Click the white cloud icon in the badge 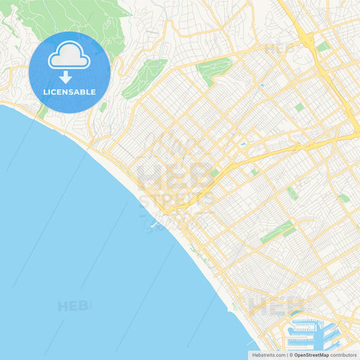[x=69, y=55]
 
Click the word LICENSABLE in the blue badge [x=69, y=92]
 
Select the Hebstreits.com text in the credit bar [x=267, y=355]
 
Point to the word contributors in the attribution [x=344, y=355]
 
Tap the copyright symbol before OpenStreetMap [x=290, y=355]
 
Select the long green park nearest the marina [x=277, y=232]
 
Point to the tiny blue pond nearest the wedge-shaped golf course [x=261, y=86]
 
